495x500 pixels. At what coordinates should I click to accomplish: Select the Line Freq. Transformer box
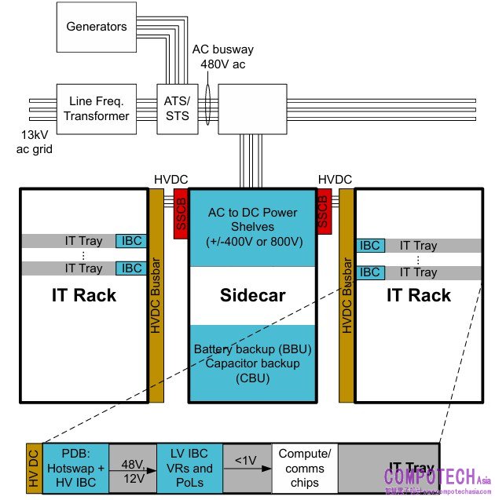(97, 108)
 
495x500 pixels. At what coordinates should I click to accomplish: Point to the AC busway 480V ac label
(223, 57)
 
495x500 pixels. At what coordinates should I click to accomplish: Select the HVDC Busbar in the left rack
(156, 295)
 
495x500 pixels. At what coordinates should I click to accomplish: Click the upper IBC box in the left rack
(132, 240)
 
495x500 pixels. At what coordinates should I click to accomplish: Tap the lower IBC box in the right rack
(369, 272)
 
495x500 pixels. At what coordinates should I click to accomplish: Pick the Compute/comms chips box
(306, 469)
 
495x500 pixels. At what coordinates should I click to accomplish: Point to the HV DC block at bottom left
(33, 469)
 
